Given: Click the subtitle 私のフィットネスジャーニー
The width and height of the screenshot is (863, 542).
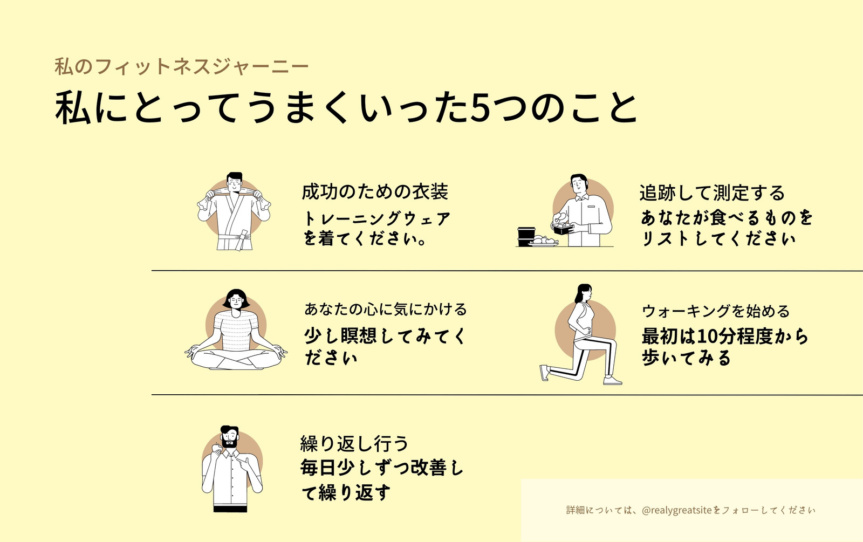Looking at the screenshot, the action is (x=181, y=66).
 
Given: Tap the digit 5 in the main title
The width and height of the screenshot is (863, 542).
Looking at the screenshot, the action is (x=481, y=107).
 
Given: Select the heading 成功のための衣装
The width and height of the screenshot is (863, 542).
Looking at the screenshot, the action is (x=375, y=192).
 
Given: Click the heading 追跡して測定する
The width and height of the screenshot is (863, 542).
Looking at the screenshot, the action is (x=712, y=193).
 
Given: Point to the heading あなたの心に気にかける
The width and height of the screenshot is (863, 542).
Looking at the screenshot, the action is (x=386, y=310).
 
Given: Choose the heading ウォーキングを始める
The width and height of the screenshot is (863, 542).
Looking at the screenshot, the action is (x=716, y=311).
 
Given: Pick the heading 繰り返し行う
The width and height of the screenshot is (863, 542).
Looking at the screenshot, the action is (x=354, y=444).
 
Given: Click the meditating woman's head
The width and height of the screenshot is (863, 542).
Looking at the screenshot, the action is (x=236, y=299).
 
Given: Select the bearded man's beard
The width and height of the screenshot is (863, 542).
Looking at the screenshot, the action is (x=230, y=442).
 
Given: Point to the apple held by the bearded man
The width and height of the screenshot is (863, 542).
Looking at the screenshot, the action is (x=216, y=448).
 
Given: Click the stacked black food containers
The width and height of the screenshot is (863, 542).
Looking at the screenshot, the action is (x=526, y=237).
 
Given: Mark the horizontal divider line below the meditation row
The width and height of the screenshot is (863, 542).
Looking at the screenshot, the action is (x=507, y=395).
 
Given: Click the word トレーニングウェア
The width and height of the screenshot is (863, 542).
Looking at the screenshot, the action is (x=376, y=219).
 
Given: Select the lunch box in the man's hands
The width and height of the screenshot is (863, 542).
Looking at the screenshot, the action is (x=563, y=229).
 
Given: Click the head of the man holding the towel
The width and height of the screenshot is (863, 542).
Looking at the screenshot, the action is (x=234, y=182).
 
